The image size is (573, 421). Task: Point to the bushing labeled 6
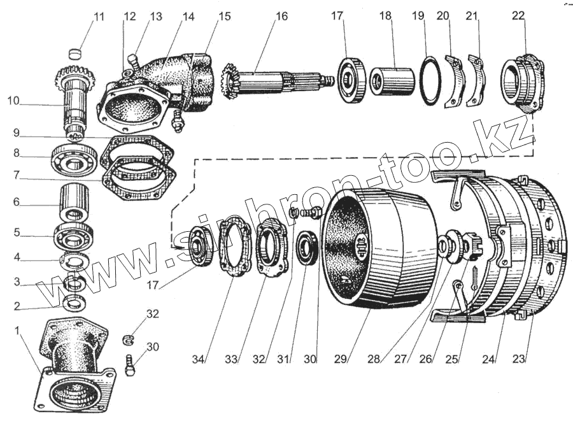(x=74, y=203)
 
